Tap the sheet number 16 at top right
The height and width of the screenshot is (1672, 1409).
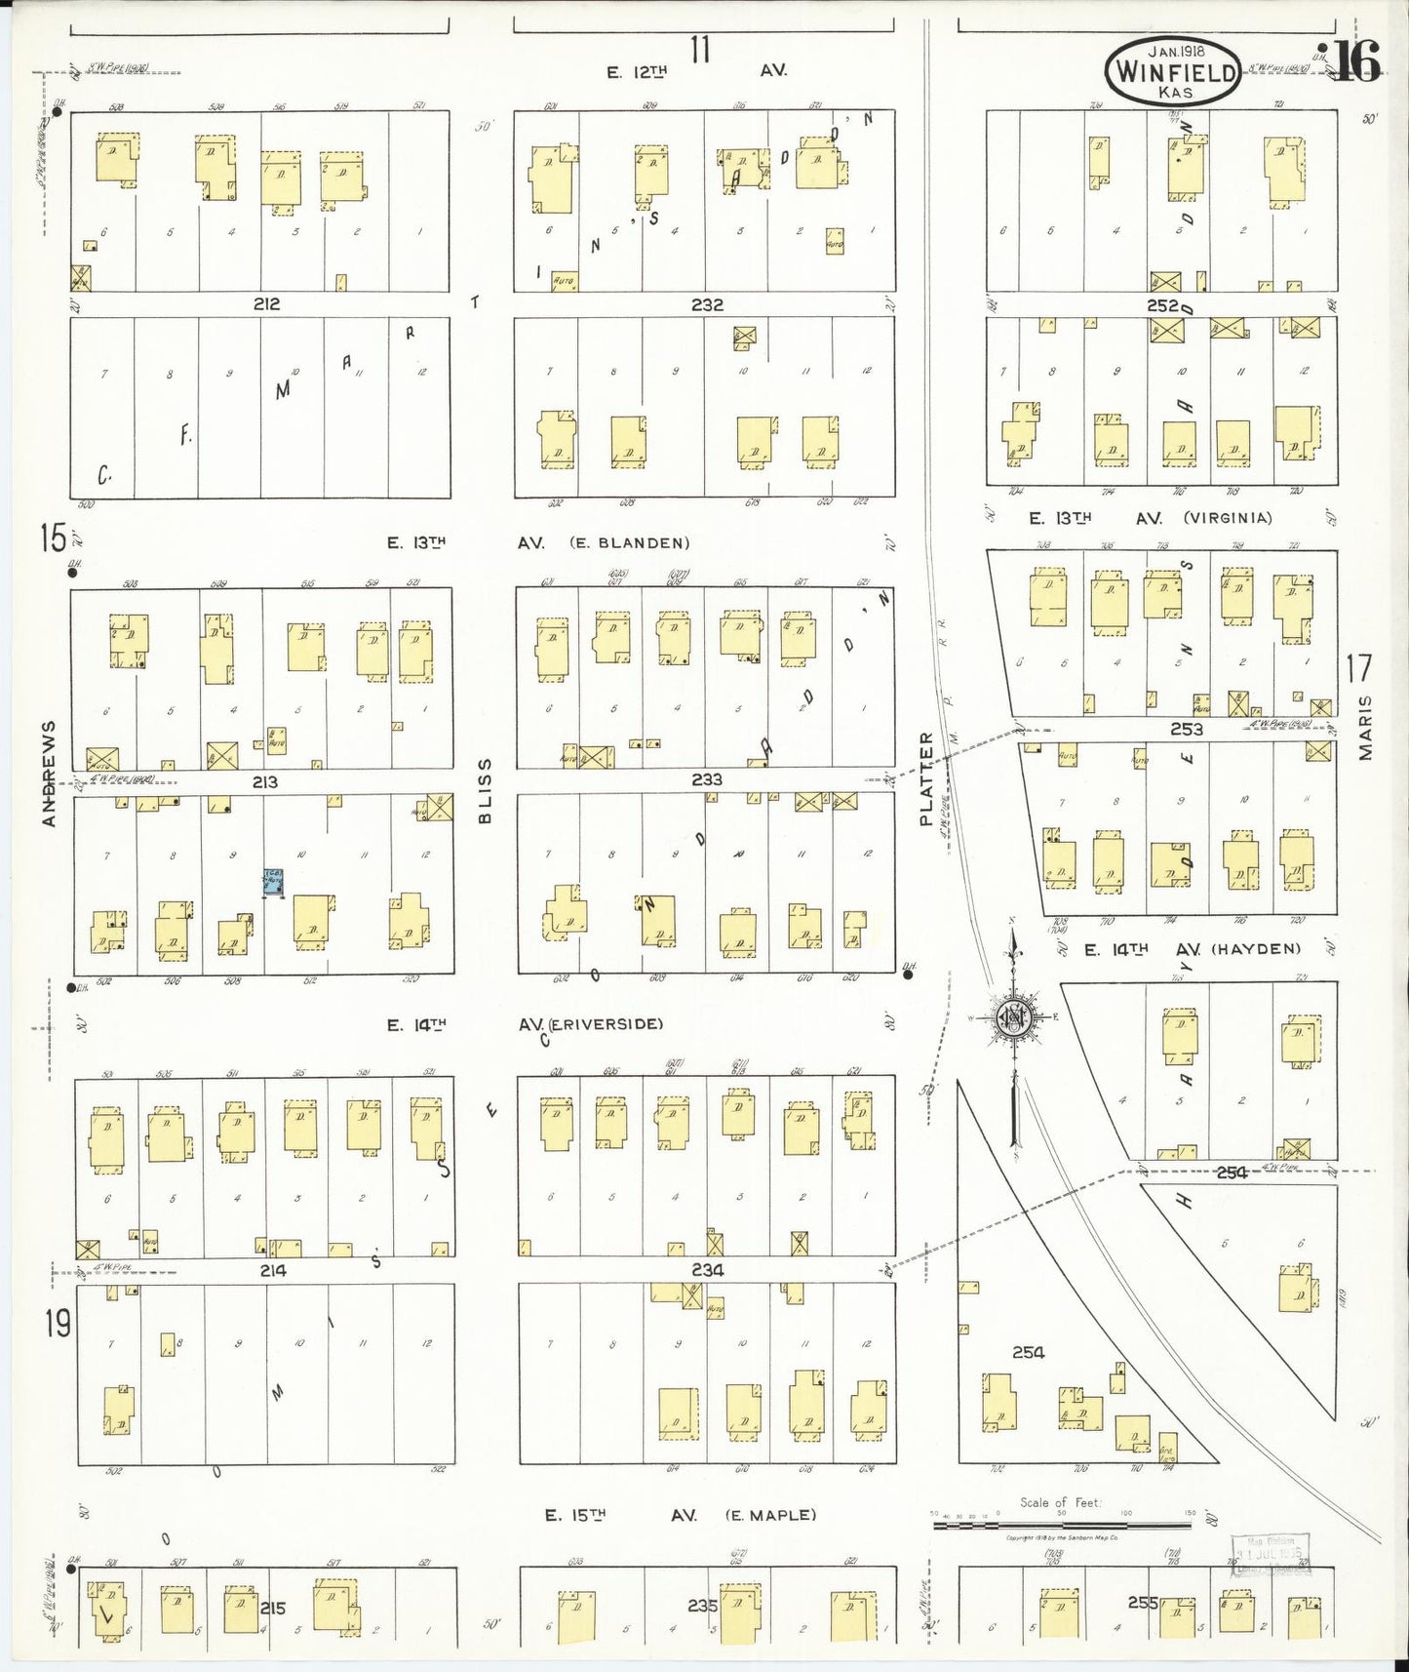[x=1356, y=63]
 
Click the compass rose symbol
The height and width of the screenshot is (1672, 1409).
[x=1014, y=1018]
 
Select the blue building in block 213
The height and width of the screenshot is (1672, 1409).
[x=273, y=881]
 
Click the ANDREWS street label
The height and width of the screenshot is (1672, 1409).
[x=50, y=774]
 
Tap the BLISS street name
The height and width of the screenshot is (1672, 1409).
[x=485, y=790]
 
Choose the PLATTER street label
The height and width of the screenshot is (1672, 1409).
[x=927, y=778]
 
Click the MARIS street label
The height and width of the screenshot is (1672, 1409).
[x=1365, y=727]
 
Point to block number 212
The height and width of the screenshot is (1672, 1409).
[x=266, y=304]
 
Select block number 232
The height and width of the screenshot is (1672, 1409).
[x=707, y=304]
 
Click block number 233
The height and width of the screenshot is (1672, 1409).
[x=707, y=779]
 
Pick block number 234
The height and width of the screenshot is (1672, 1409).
[x=707, y=1271]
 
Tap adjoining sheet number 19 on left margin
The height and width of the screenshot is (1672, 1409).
[x=57, y=1324]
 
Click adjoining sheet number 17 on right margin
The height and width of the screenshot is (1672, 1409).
[x=1359, y=669]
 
